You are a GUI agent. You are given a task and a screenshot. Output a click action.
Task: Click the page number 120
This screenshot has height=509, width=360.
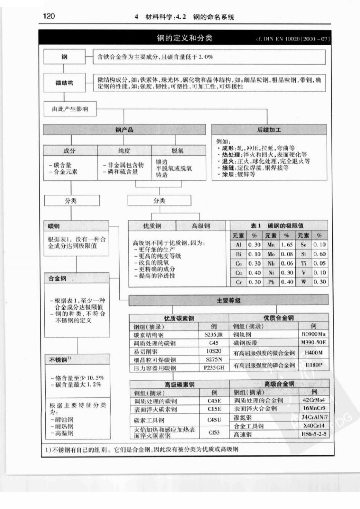(x=49, y=16)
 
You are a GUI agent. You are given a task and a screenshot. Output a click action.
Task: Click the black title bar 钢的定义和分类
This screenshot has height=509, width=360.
(x=185, y=38)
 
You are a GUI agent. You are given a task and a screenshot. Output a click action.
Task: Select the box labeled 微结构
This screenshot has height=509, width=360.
(x=64, y=83)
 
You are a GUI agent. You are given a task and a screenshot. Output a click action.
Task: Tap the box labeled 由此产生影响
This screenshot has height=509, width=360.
(x=70, y=109)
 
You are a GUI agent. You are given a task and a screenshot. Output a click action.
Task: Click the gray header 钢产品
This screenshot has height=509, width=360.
(x=124, y=130)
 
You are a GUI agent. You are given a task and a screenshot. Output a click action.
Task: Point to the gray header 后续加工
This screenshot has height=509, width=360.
(x=269, y=130)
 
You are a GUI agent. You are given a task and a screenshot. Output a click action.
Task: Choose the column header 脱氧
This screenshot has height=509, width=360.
(x=178, y=151)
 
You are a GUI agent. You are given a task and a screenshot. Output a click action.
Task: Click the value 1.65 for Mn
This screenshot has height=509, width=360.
(x=287, y=245)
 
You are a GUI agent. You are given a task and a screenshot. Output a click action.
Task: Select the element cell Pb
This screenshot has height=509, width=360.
(x=271, y=282)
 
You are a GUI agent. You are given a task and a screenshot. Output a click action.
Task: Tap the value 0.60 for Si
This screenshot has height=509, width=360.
(x=319, y=254)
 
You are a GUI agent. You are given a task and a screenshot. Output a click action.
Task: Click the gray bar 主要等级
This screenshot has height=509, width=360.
(x=228, y=300)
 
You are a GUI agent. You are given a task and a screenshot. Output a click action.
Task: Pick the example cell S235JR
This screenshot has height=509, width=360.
(x=214, y=334)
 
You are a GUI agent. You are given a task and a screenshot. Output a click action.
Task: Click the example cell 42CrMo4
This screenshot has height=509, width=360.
(x=314, y=400)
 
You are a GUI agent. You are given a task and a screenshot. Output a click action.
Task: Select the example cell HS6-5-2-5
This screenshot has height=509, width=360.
(x=314, y=434)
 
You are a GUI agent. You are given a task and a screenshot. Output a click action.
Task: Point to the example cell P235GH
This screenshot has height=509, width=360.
(x=214, y=367)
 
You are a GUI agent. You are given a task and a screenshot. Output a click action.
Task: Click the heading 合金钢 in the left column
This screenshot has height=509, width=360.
(x=57, y=278)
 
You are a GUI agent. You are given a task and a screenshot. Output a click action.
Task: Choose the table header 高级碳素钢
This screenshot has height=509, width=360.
(x=179, y=384)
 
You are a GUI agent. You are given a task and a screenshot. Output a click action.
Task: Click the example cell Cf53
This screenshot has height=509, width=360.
(x=214, y=432)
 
